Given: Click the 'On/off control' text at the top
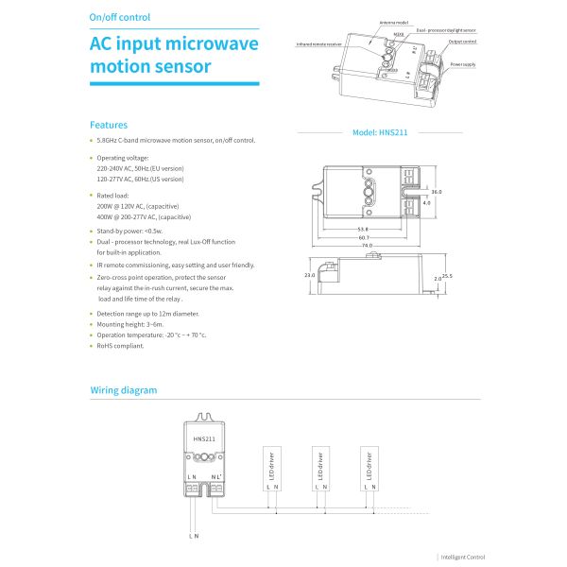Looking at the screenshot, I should click(x=119, y=18).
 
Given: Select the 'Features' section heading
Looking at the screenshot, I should click(x=109, y=125).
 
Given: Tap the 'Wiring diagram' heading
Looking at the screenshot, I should click(x=124, y=389).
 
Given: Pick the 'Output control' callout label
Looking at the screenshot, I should click(x=462, y=42).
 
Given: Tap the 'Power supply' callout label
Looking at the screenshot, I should click(x=463, y=64).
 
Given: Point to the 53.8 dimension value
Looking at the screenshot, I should click(x=363, y=228).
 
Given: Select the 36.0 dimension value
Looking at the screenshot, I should click(x=437, y=191).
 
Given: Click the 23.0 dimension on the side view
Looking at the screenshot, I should click(x=309, y=276).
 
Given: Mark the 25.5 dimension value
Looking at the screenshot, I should click(x=447, y=276).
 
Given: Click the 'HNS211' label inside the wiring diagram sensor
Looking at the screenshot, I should click(x=204, y=439).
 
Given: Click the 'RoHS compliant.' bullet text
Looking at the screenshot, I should click(x=121, y=346).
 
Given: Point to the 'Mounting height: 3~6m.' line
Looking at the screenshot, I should click(x=137, y=324).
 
